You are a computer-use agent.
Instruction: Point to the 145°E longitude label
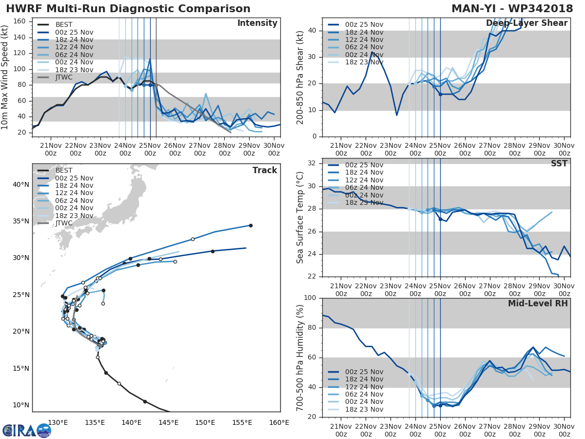pyautogui.click(x=168, y=422)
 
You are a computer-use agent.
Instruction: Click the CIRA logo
pyautogui.click(x=26, y=430)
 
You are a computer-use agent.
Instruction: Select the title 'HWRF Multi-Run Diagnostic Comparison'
pyautogui.click(x=128, y=9)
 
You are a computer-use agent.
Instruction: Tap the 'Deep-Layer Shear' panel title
pyautogui.click(x=526, y=23)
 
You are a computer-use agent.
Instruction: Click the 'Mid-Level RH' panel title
pyautogui.click(x=538, y=304)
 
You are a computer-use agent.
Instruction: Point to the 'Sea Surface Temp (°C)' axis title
pyautogui.click(x=300, y=217)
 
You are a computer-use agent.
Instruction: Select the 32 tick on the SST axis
pyautogui.click(x=313, y=163)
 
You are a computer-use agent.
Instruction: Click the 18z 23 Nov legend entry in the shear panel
pyautogui.click(x=363, y=62)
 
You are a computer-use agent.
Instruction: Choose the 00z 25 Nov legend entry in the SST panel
pyautogui.click(x=363, y=165)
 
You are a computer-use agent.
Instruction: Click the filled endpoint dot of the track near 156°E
pyautogui.click(x=251, y=225)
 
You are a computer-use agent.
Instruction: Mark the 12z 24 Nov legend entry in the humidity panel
pyautogui.click(x=363, y=387)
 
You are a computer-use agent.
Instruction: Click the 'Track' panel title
pyautogui.click(x=264, y=170)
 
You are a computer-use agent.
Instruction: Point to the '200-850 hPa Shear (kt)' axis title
pyautogui.click(x=300, y=77)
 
